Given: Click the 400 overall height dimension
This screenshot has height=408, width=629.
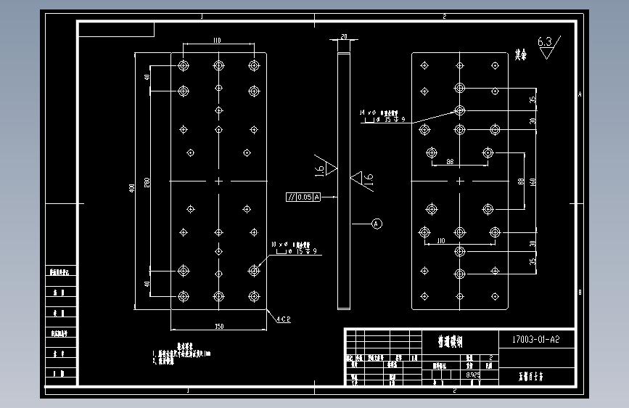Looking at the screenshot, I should [x=132, y=187].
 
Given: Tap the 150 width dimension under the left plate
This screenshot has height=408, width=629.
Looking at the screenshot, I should [x=218, y=327].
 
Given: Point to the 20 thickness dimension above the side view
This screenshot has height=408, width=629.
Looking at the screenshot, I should [x=344, y=36].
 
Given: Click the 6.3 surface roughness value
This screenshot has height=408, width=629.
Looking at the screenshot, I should [x=545, y=42].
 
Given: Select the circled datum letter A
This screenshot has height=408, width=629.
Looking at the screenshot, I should [x=377, y=224].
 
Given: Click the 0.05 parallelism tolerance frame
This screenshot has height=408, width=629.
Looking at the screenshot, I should [x=303, y=197].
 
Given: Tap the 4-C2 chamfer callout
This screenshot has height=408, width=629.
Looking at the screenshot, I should [x=283, y=318].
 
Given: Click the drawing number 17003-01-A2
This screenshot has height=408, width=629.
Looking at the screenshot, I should [x=535, y=338].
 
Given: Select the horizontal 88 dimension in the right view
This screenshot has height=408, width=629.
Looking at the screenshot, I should [x=450, y=161].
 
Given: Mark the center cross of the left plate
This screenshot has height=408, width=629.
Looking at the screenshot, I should [x=218, y=181].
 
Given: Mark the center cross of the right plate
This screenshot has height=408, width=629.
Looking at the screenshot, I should [x=459, y=181].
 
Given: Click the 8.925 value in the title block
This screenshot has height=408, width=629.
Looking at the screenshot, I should [x=472, y=375].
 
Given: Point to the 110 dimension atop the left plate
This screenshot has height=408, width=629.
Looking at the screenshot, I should [x=217, y=41].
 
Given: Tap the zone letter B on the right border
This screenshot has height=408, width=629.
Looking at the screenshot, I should [x=579, y=293].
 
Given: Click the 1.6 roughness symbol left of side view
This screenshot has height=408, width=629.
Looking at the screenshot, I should [x=322, y=168].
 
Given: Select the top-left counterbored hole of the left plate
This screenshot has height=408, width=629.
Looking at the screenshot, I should [x=183, y=65].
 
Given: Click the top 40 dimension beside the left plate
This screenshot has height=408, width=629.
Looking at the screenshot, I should [x=147, y=78].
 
